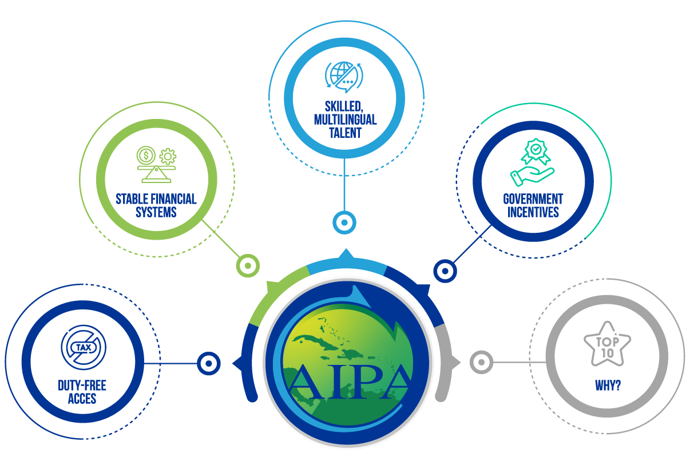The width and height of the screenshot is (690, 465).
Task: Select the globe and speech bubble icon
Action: pyautogui.click(x=344, y=77)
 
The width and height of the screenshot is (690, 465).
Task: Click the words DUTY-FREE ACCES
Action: pyautogui.click(x=82, y=392)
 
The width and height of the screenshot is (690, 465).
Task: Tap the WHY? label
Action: pyautogui.click(x=608, y=385)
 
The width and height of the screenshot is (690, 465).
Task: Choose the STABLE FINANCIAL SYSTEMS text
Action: pyautogui.click(x=156, y=205)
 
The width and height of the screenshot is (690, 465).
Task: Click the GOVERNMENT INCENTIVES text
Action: pyautogui.click(x=533, y=205)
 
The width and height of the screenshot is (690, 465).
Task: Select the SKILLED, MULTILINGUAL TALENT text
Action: pyautogui.click(x=345, y=119)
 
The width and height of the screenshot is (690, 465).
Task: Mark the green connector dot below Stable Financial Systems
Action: pyautogui.click(x=248, y=265)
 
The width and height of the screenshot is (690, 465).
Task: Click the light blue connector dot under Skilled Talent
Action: pyautogui.click(x=344, y=222)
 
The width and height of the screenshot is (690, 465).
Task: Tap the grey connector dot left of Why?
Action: pyautogui.click(x=481, y=362)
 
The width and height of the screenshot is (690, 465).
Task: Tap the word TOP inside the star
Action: pyautogui.click(x=607, y=341)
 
